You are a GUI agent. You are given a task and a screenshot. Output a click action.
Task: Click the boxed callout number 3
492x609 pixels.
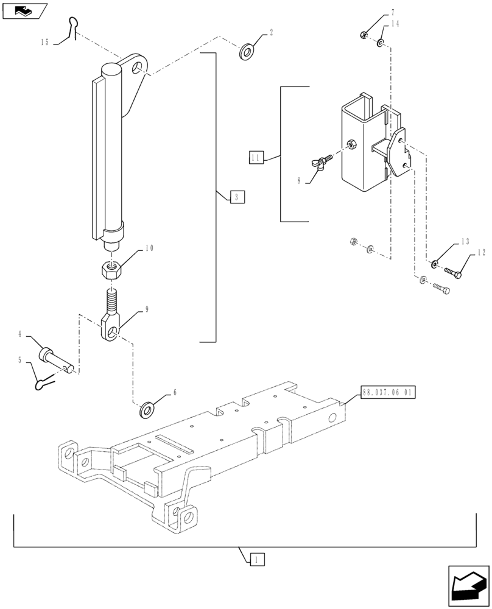coord(237,197)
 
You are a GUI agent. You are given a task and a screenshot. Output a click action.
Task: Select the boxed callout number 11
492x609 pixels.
coord(255,158)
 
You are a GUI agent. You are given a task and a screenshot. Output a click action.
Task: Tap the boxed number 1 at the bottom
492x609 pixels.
coord(257,558)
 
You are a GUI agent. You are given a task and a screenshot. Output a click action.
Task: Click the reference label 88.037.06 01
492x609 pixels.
coord(387,393)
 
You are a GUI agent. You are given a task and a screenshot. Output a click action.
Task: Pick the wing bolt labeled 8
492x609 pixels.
coord(320,163)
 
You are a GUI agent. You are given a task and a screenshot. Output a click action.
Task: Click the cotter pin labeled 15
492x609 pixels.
coord(74,27)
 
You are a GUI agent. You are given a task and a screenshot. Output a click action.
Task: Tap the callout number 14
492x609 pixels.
coord(395,24)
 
